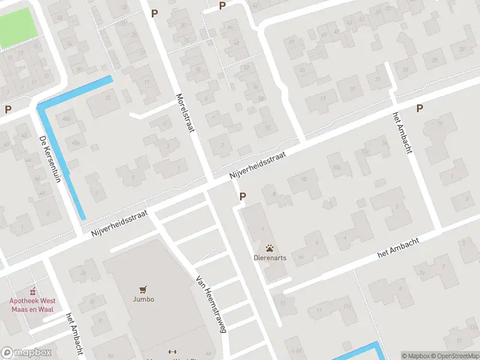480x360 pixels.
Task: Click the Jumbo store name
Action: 144,299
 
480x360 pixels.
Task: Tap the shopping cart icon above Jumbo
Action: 144,289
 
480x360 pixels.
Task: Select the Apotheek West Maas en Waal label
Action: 31,305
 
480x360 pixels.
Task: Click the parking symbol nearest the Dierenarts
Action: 243,196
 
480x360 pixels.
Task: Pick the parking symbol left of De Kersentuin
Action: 8,109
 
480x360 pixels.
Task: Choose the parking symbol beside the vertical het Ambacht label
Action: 420,108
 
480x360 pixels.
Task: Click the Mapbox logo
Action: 26,352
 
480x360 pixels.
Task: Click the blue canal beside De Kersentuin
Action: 60,156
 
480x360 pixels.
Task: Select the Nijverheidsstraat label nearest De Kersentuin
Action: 119,223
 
